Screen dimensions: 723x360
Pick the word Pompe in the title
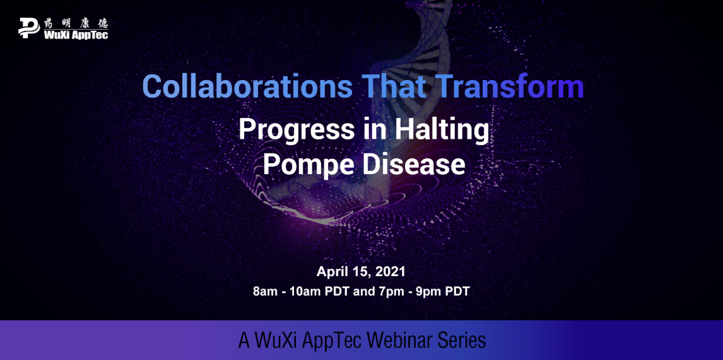(x=309, y=165)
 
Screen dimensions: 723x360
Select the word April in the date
(x=330, y=272)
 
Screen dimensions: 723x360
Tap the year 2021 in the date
(x=390, y=272)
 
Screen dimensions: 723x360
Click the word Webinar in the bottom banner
(x=399, y=340)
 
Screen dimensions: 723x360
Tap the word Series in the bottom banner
(x=463, y=340)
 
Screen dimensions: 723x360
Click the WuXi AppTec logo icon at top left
(x=28, y=27)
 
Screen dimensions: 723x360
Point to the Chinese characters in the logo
(x=76, y=23)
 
